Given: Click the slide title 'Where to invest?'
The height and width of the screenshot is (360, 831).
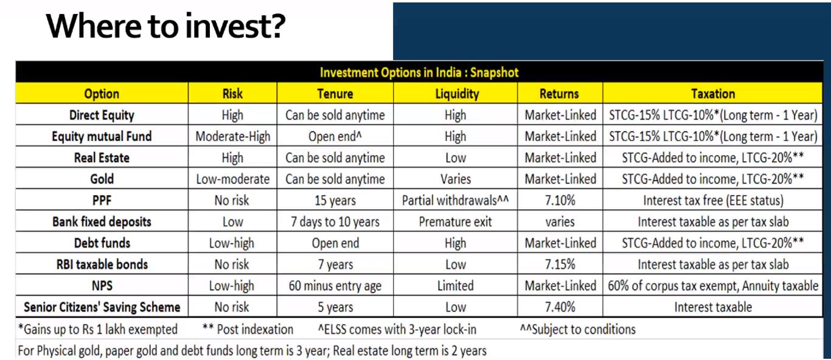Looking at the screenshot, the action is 165,26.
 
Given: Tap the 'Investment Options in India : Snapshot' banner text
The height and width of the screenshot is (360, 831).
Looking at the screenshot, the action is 419,72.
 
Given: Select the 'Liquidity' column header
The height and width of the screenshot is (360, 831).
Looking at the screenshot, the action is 457,94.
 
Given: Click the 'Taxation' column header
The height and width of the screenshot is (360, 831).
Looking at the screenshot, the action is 712,94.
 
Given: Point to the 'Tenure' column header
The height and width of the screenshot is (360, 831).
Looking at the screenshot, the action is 335,94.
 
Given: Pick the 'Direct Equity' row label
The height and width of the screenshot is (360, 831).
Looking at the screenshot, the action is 102,116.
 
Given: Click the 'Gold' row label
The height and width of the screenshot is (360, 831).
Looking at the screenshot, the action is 102,179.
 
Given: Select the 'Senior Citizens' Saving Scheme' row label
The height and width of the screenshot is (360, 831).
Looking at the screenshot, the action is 102,307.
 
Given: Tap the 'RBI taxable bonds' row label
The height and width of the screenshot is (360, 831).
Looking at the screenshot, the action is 102,265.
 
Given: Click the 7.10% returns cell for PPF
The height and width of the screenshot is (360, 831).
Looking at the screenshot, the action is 560,201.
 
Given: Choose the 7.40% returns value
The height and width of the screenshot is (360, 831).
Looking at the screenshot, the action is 560,307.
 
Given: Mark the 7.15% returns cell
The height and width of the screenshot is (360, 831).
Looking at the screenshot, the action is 560,265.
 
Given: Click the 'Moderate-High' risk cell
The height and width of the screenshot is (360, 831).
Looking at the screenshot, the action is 232,136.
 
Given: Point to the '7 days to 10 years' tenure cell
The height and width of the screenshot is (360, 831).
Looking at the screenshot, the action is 335,222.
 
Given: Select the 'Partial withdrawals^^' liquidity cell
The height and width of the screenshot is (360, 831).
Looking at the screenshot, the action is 456,201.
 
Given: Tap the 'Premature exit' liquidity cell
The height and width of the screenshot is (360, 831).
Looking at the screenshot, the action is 455,222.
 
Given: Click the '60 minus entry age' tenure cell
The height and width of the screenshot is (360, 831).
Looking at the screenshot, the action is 335,286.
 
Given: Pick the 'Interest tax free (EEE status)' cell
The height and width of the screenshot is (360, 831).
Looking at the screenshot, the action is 713,201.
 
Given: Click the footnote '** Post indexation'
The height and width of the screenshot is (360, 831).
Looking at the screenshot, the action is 248,329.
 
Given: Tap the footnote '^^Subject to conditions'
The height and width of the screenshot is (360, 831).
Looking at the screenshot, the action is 577,329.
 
